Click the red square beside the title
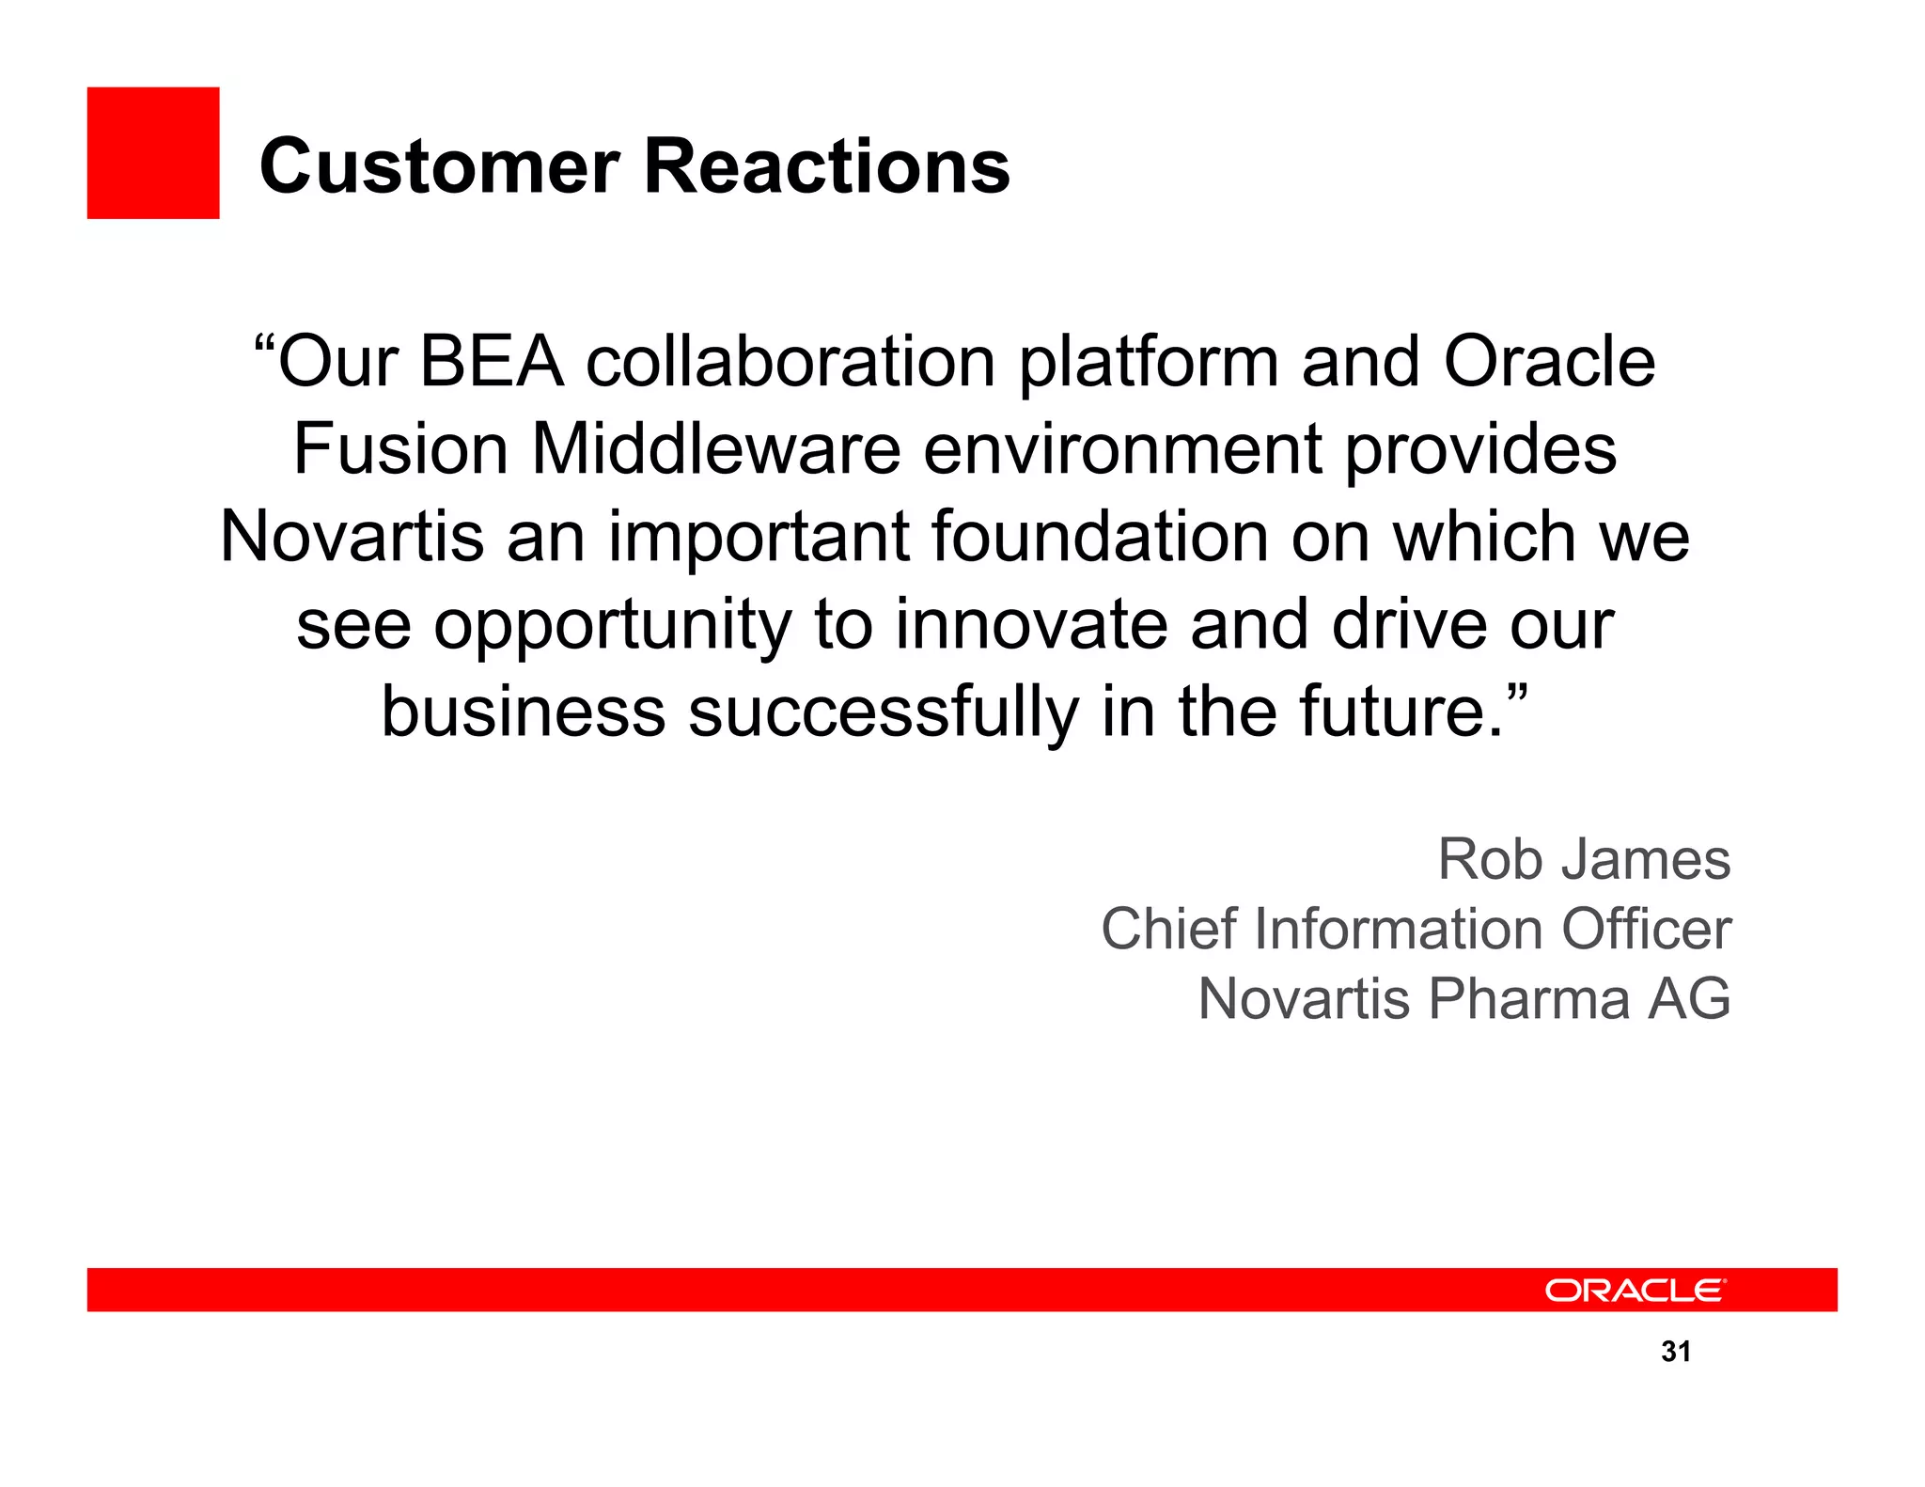[153, 153]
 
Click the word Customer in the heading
[439, 166]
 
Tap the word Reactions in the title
[827, 166]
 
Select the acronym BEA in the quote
[492, 362]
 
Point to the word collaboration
[790, 362]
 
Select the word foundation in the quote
[1101, 537]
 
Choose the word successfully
[884, 712]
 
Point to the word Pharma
[1529, 998]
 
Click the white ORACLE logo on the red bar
[1635, 1291]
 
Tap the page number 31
[1676, 1352]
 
